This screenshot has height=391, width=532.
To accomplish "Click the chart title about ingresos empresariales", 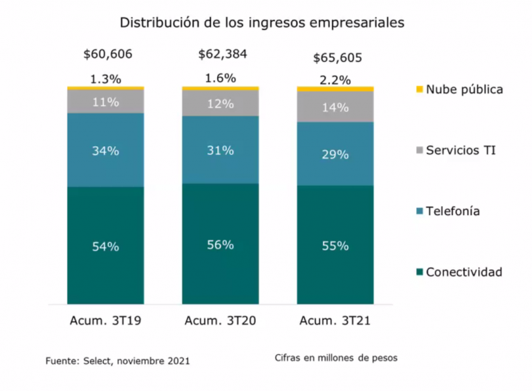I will pyautogui.click(x=261, y=23).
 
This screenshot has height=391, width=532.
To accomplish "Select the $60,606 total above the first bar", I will pyautogui.click(x=108, y=54).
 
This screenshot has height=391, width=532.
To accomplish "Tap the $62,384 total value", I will pyautogui.click(x=222, y=54).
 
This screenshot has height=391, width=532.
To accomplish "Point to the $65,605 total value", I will pyautogui.click(x=337, y=57).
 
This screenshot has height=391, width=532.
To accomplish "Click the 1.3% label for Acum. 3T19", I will pyautogui.click(x=106, y=79).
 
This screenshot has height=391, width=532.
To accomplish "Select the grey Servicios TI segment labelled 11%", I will pyautogui.click(x=106, y=102).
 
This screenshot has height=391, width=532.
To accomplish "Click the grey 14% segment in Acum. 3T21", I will pyautogui.click(x=335, y=107).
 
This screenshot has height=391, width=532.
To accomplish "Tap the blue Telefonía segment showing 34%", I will pyautogui.click(x=106, y=150).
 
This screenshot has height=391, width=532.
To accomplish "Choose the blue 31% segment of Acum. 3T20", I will pyautogui.click(x=220, y=150).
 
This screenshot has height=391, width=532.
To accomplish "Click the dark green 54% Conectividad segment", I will pyautogui.click(x=106, y=247).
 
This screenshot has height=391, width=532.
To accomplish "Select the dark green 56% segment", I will pyautogui.click(x=220, y=245).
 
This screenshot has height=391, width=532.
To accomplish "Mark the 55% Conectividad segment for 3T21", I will pyautogui.click(x=335, y=246).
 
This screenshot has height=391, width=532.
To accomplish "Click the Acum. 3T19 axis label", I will pyautogui.click(x=106, y=321).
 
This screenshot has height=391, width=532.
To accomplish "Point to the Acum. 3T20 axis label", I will pyautogui.click(x=220, y=321).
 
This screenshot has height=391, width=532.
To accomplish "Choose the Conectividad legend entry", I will pyautogui.click(x=463, y=272).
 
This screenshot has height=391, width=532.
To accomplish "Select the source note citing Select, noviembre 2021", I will pyautogui.click(x=118, y=361).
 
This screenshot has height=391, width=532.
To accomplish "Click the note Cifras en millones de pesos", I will pyautogui.click(x=336, y=358).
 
